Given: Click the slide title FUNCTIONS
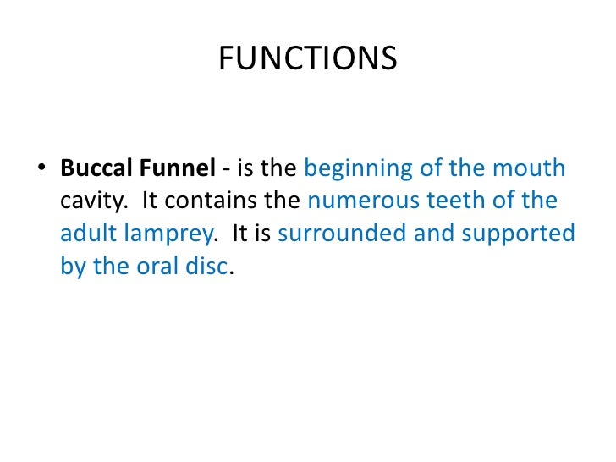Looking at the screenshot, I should pyautogui.click(x=307, y=58).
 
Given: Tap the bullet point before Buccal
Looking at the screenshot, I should pyautogui.click(x=41, y=168).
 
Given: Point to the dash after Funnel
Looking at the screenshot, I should pyautogui.click(x=226, y=169).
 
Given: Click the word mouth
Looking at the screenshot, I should pyautogui.click(x=532, y=168).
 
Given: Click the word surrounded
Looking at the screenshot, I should pyautogui.click(x=338, y=234).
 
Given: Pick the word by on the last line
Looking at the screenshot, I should pyautogui.click(x=71, y=267).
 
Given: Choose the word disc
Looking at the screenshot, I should pyautogui.click(x=208, y=266).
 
